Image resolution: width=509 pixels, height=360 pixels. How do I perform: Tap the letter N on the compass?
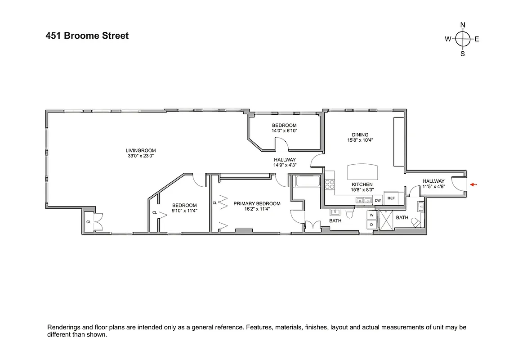coord(463,25)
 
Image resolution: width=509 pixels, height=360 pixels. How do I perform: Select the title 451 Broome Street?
coord(87,36)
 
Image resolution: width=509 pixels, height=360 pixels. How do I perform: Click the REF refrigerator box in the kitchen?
coord(391,198)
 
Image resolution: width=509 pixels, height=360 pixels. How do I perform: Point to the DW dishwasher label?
coord(378,200)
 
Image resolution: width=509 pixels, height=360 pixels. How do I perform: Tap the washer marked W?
coord(372,215)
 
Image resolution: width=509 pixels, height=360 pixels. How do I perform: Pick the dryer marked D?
coord(372,224)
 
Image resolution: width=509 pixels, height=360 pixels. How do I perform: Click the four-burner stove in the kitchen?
coord(330,184)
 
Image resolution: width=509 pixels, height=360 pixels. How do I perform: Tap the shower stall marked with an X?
coord(386,220)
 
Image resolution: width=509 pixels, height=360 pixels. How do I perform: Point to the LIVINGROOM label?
coord(141,150)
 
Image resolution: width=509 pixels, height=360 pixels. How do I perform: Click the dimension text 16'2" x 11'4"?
coord(257,209)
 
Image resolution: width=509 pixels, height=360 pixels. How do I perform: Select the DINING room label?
coord(360,135)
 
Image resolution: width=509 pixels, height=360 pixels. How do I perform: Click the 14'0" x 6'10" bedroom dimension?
coord(284,130)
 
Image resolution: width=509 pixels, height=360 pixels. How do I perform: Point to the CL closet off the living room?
coord(89,222)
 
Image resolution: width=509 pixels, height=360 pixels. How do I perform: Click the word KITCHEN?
coord(362,184)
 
